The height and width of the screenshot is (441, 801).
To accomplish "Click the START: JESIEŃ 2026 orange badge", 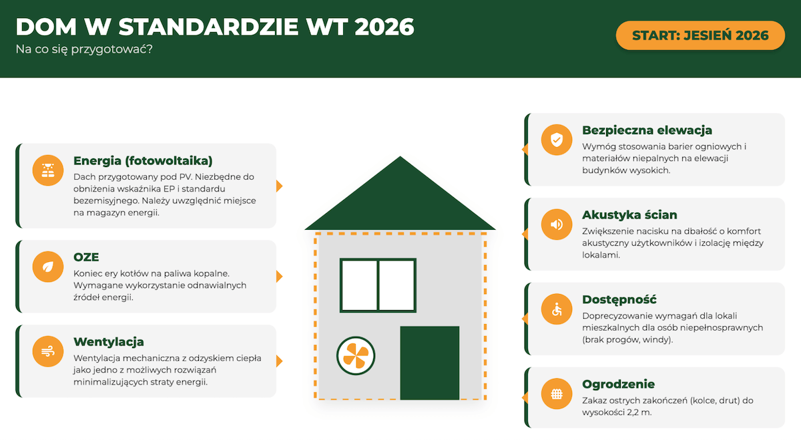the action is click(x=700, y=35).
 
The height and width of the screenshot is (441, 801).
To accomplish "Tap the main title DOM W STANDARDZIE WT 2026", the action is click(x=215, y=27).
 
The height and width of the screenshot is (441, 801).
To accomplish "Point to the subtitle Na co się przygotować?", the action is click(x=84, y=49).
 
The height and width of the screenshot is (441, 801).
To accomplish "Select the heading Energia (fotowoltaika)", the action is click(x=143, y=161).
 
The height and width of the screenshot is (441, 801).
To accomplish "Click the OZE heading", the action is click(x=86, y=257).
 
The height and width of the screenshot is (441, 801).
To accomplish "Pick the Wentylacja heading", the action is click(x=109, y=342).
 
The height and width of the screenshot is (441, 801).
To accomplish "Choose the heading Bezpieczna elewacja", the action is click(x=647, y=130).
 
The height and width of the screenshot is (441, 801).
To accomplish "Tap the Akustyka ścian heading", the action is click(x=629, y=214).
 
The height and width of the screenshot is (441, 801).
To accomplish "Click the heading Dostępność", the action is click(x=619, y=299).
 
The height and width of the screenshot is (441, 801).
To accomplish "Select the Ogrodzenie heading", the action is click(x=619, y=384).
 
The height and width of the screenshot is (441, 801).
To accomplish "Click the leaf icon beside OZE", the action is click(x=48, y=267).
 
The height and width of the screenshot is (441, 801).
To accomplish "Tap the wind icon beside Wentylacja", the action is click(x=48, y=351).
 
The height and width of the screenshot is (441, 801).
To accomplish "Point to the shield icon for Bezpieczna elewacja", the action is click(x=557, y=140).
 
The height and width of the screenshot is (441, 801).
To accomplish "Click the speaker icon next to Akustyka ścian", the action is click(x=557, y=225).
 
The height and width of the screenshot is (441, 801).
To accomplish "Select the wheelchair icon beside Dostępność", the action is click(x=557, y=309).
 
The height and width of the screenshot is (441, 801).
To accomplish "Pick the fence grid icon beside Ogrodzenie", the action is click(x=557, y=394).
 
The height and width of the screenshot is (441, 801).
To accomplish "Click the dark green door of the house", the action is click(x=429, y=363).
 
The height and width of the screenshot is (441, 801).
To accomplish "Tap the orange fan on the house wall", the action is click(x=356, y=355).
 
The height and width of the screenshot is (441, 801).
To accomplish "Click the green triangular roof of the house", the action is click(x=400, y=200).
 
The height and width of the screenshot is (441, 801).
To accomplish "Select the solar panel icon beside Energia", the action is click(x=48, y=170).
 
